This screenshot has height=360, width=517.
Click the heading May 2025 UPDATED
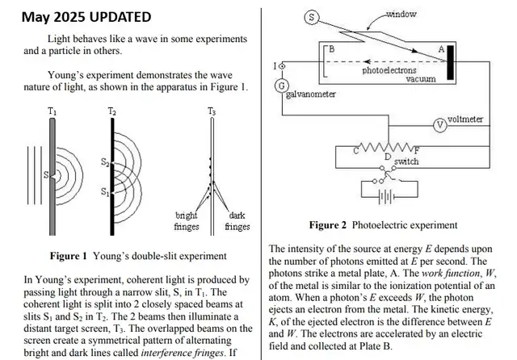[x=85, y=16]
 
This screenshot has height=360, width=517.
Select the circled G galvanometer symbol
[x=282, y=86]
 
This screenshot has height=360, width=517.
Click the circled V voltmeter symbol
[x=439, y=124]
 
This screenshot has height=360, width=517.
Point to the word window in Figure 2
[x=423, y=14]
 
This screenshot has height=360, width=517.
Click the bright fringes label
[x=187, y=221]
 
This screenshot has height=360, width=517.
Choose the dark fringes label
[x=237, y=221]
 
